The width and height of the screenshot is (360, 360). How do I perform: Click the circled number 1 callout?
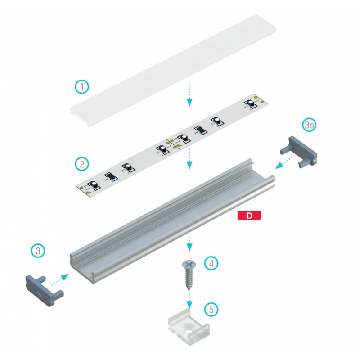[x=82, y=86]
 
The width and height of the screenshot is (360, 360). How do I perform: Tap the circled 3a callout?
[x=309, y=125]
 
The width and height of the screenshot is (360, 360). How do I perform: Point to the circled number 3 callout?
[x=38, y=251]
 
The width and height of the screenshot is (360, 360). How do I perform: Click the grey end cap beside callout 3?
[x=43, y=288]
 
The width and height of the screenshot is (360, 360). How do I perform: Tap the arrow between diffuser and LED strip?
[x=189, y=95]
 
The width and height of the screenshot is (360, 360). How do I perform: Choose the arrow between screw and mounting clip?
[x=189, y=301]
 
